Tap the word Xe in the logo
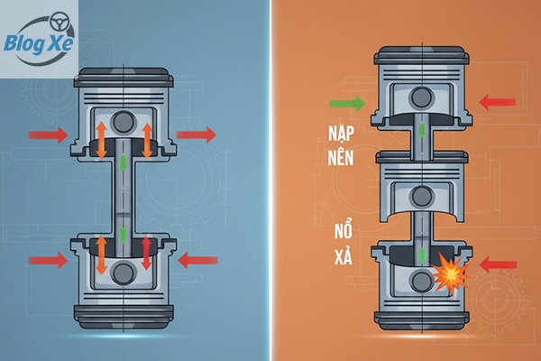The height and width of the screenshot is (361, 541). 60,42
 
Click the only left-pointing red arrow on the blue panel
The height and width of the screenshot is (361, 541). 196,261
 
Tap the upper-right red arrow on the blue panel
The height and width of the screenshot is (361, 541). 197,135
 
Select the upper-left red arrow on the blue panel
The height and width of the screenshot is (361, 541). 48,135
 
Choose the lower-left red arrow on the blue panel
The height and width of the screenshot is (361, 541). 48,261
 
